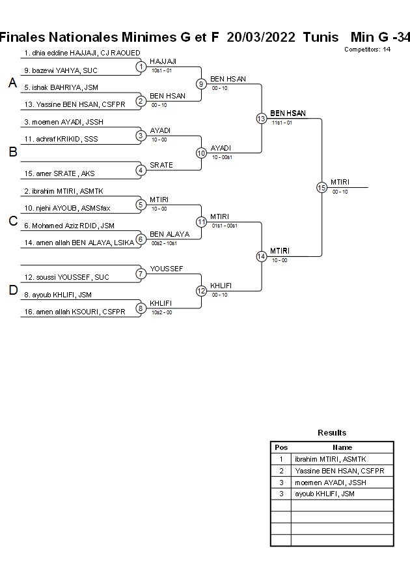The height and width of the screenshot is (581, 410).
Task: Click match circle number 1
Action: pyautogui.click(x=141, y=67)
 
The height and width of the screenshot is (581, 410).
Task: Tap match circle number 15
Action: pyautogui.click(x=321, y=187)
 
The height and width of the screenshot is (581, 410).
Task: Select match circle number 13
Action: pyautogui.click(x=261, y=119)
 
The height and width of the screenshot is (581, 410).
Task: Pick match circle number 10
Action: pyautogui.click(x=201, y=153)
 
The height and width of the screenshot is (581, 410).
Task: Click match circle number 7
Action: pyautogui.click(x=141, y=274)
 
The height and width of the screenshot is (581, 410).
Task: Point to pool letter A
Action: pyautogui.click(x=12, y=83)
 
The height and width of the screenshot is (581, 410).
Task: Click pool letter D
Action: pyautogui.click(x=12, y=291)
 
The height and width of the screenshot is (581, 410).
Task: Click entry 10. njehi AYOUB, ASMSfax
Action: pyautogui.click(x=67, y=208)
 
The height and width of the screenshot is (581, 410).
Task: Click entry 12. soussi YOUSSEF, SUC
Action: pyautogui.click(x=66, y=277)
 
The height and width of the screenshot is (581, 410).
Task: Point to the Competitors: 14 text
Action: pyautogui.click(x=367, y=50)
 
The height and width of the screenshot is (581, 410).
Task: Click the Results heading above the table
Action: pyautogui.click(x=332, y=433)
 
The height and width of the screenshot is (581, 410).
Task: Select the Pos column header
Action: pyautogui.click(x=281, y=447)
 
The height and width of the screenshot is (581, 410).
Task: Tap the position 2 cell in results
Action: pyautogui.click(x=281, y=471)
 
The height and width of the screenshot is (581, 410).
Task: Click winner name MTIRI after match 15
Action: pyautogui.click(x=340, y=182)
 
